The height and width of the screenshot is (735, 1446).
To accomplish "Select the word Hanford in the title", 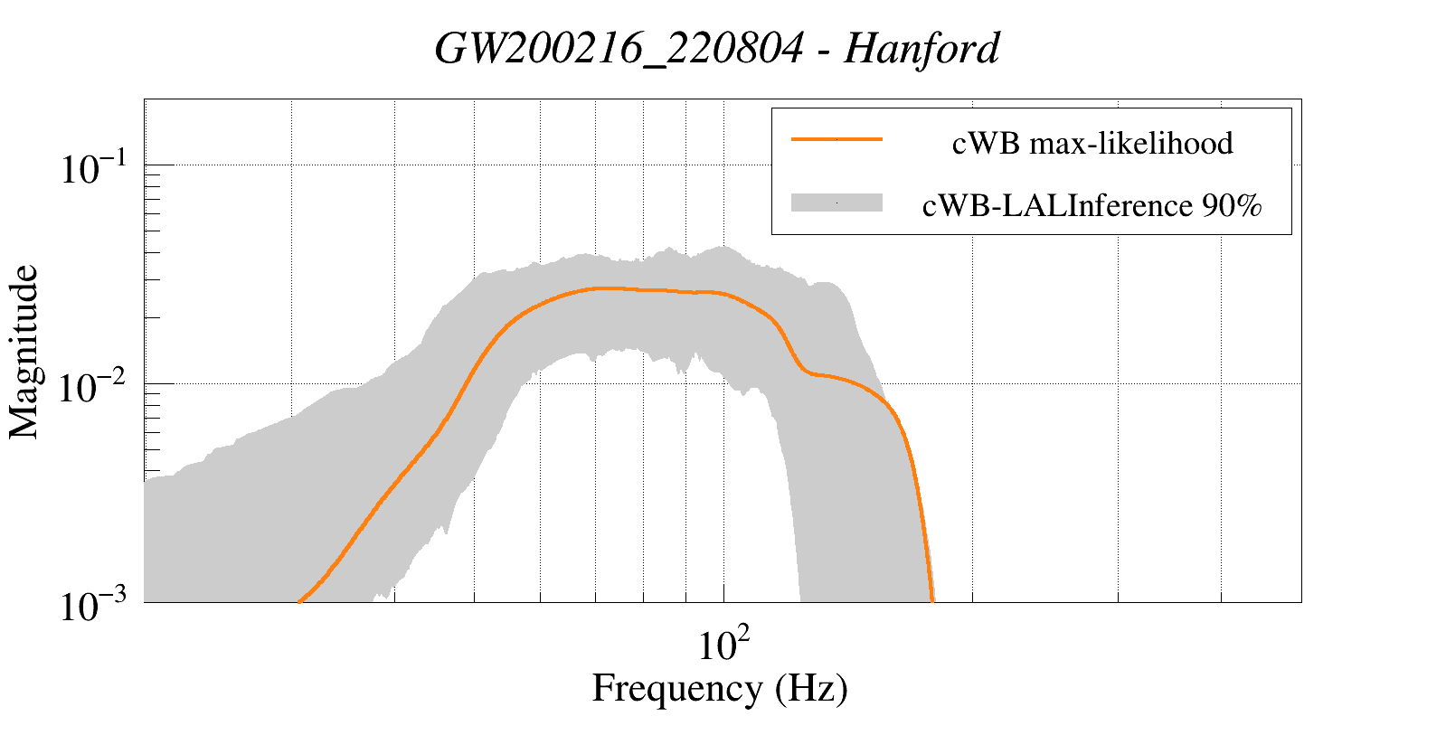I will (921, 49).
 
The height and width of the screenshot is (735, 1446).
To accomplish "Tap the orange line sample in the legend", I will (836, 139).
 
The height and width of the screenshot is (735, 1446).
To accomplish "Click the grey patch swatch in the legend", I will (836, 203).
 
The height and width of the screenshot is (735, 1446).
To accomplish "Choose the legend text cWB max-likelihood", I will (1092, 143).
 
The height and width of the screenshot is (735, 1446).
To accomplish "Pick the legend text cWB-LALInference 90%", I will (1092, 206).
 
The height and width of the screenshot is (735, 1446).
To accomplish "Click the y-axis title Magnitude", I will (24, 352).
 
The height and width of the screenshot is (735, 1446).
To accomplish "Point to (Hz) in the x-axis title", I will (811, 689).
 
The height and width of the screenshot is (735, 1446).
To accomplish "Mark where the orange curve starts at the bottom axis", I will (299, 600).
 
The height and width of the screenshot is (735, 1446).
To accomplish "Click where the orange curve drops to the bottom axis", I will (931, 599).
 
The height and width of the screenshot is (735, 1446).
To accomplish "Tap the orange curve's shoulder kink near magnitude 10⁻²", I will (808, 371).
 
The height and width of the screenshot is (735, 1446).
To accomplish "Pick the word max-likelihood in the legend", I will (1131, 143).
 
